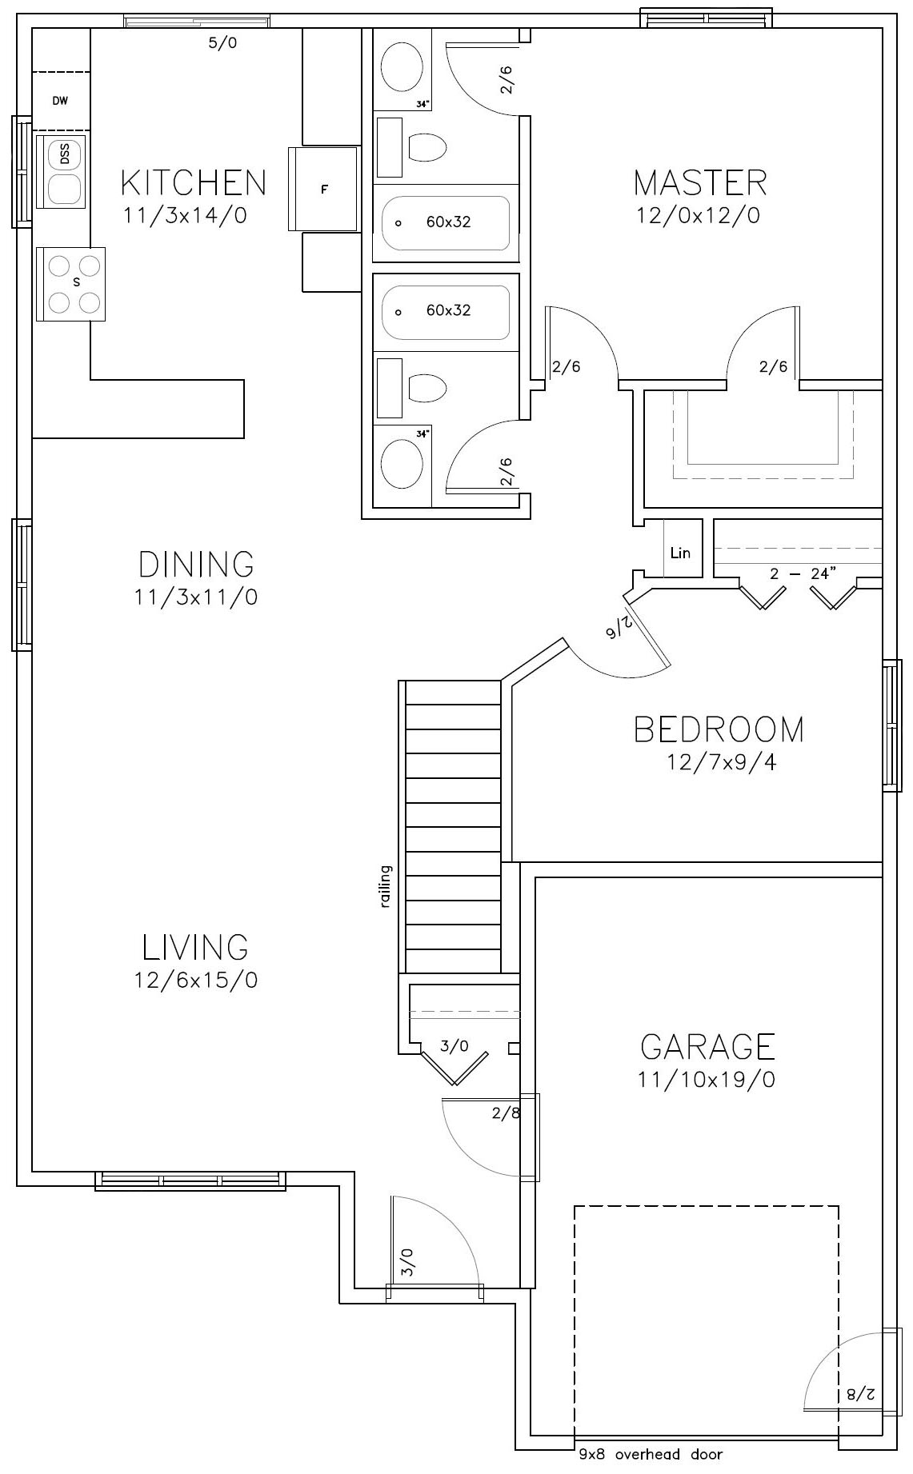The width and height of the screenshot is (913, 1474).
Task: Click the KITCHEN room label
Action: click(x=193, y=183)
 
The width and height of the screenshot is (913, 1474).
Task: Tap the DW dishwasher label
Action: click(x=60, y=101)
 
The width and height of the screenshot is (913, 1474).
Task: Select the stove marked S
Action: click(x=70, y=283)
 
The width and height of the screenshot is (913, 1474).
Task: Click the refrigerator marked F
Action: click(x=324, y=190)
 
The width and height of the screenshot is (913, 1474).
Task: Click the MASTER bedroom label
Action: click(x=700, y=183)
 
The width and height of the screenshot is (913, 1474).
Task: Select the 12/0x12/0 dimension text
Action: click(x=698, y=216)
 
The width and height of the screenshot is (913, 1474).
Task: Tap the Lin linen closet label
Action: click(x=680, y=553)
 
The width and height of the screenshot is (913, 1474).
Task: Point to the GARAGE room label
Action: click(x=707, y=1046)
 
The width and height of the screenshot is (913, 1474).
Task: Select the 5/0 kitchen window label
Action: click(x=222, y=43)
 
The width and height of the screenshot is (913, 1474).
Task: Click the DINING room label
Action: click(x=196, y=565)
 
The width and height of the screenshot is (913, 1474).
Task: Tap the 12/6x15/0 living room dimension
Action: click(x=196, y=981)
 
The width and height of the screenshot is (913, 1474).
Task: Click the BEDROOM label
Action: click(x=719, y=729)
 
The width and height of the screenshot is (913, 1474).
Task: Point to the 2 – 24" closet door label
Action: click(x=803, y=573)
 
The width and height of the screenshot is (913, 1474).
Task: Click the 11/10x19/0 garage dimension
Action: click(x=706, y=1081)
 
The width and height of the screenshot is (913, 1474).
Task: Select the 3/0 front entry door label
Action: click(x=406, y=1262)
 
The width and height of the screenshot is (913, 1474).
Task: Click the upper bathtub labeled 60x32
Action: click(x=446, y=222)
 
